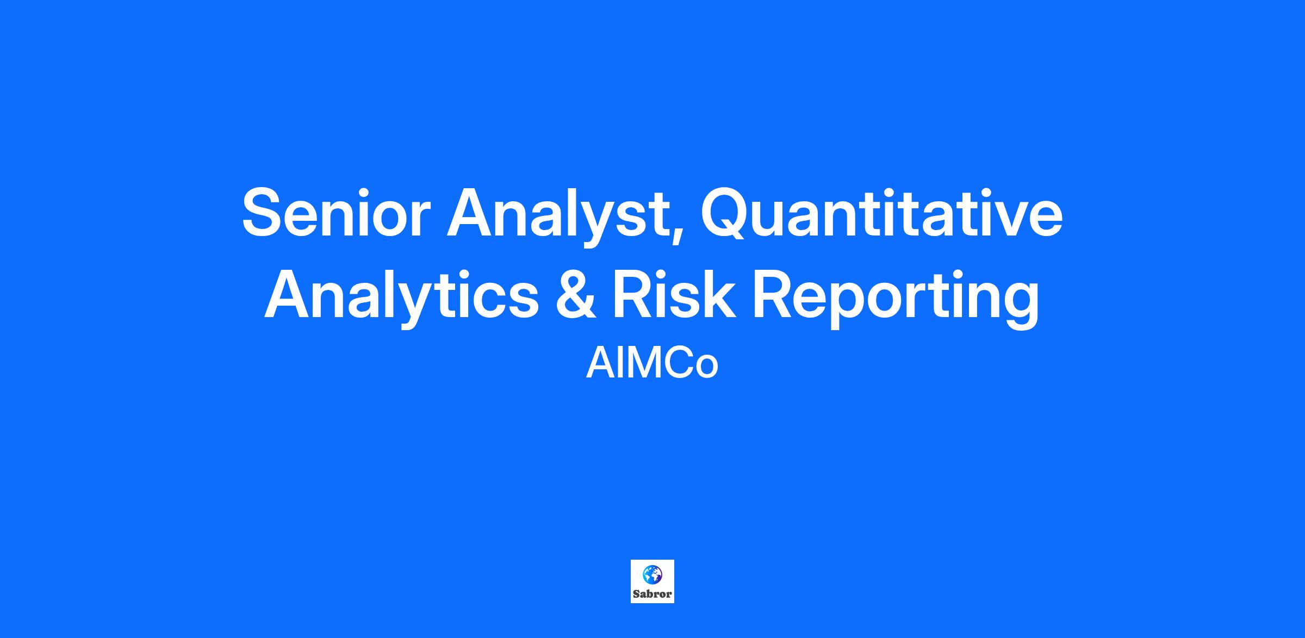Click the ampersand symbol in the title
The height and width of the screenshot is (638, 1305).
coord(576,294)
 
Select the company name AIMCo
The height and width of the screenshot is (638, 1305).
coord(652,364)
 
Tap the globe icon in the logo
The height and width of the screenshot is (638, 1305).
coord(652,574)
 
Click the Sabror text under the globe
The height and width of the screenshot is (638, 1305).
coord(652,594)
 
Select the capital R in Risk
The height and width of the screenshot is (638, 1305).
coord(636,294)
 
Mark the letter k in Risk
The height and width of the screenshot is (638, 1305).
coord(718,294)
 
